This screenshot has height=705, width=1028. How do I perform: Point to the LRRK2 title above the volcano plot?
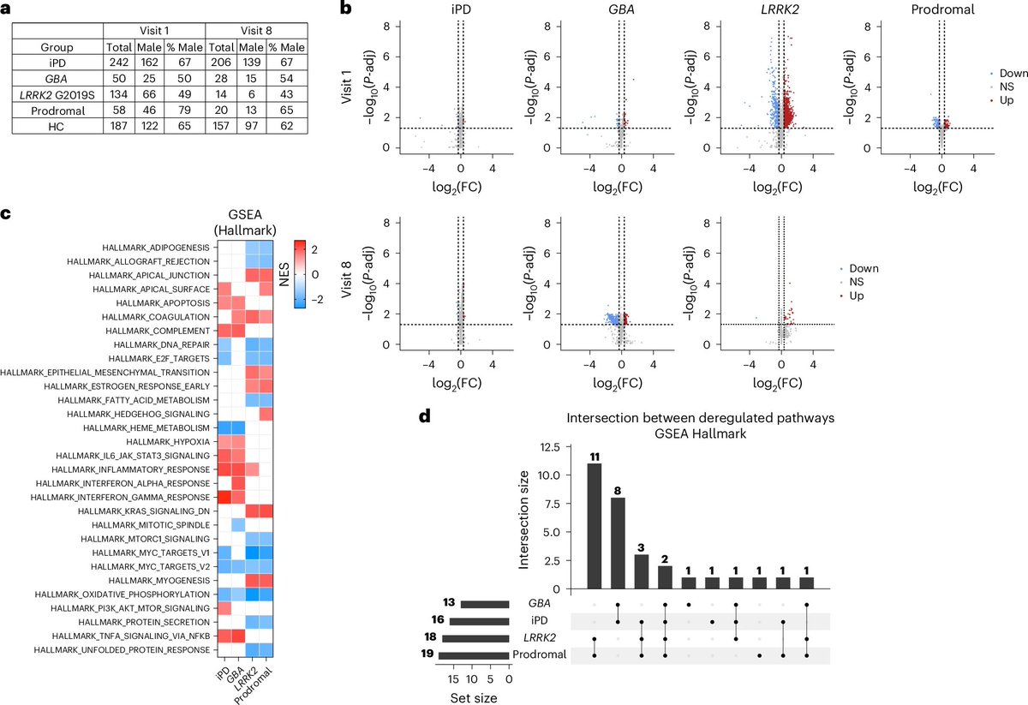coord(780,14)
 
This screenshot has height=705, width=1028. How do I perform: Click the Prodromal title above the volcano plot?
coord(941,14)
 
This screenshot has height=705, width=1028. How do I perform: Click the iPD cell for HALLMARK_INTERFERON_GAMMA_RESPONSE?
coord(224,496)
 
